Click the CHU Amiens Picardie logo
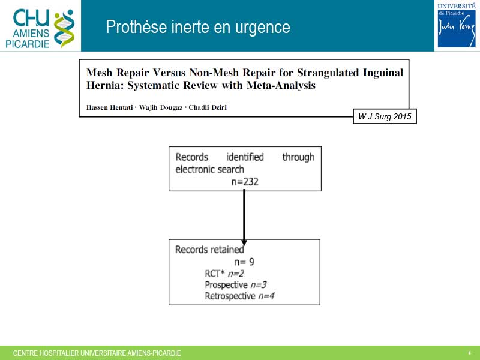pos(40,28)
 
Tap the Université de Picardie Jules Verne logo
pos(457,25)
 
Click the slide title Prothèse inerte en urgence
pos(198,27)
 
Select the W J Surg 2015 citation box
pos(385,116)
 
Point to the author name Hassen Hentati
pos(110,107)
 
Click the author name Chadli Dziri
pos(208,107)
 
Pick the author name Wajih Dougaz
pos(161,107)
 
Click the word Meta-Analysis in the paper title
pos(281,85)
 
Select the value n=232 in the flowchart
pos(245,182)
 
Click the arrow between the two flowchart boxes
pos(244,217)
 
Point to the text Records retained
pos(209,250)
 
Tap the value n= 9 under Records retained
pos(244,262)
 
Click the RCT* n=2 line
pos(224,274)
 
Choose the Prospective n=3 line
pos(236,285)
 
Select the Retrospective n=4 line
pos(239,296)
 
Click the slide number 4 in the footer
pos(470,353)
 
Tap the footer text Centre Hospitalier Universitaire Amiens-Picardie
pos(97,353)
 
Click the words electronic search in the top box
pos(209,170)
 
